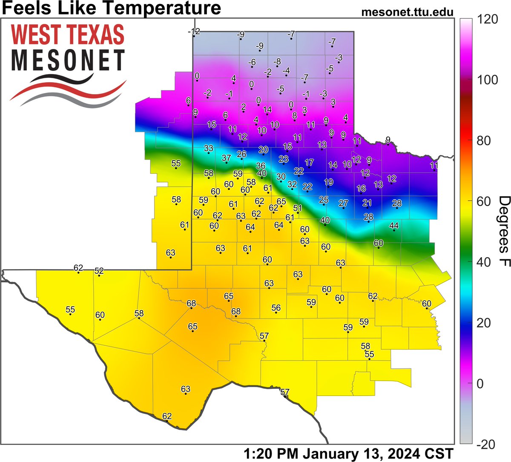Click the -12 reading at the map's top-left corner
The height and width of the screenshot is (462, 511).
point(194,32)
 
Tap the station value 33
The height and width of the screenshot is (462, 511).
point(209,148)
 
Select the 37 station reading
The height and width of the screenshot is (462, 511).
point(227,158)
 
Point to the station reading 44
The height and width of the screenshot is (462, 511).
point(394,225)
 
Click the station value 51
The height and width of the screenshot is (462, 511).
point(298,208)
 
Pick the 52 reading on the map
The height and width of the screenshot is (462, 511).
point(99,271)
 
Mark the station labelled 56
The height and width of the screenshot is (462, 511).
point(276,308)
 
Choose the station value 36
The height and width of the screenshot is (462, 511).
point(261,166)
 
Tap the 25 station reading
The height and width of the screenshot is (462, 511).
point(324,200)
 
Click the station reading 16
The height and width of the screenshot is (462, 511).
point(361,189)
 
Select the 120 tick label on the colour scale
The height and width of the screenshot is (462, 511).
point(485,20)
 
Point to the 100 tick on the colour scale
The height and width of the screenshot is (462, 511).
point(485,80)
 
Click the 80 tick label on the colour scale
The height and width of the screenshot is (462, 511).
point(483,141)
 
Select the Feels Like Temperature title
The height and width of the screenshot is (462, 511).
point(111,8)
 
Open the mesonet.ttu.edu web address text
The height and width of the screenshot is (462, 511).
point(407,12)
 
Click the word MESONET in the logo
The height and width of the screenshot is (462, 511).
point(68,60)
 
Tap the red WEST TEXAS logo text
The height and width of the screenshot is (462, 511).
point(68,35)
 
